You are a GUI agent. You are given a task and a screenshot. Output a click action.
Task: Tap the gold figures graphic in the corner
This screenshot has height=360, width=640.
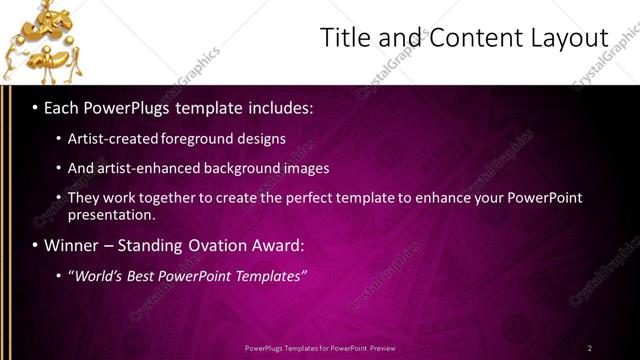click(x=41, y=41)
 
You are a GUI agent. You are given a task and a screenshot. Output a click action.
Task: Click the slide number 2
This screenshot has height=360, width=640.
click(x=589, y=348)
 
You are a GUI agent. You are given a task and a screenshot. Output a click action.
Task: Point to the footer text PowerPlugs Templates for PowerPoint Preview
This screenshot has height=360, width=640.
click(x=319, y=348)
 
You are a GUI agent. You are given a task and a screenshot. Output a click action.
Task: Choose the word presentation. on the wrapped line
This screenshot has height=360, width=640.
click(x=111, y=214)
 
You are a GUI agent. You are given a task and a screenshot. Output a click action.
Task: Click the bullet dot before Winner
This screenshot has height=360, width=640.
click(x=36, y=245)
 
